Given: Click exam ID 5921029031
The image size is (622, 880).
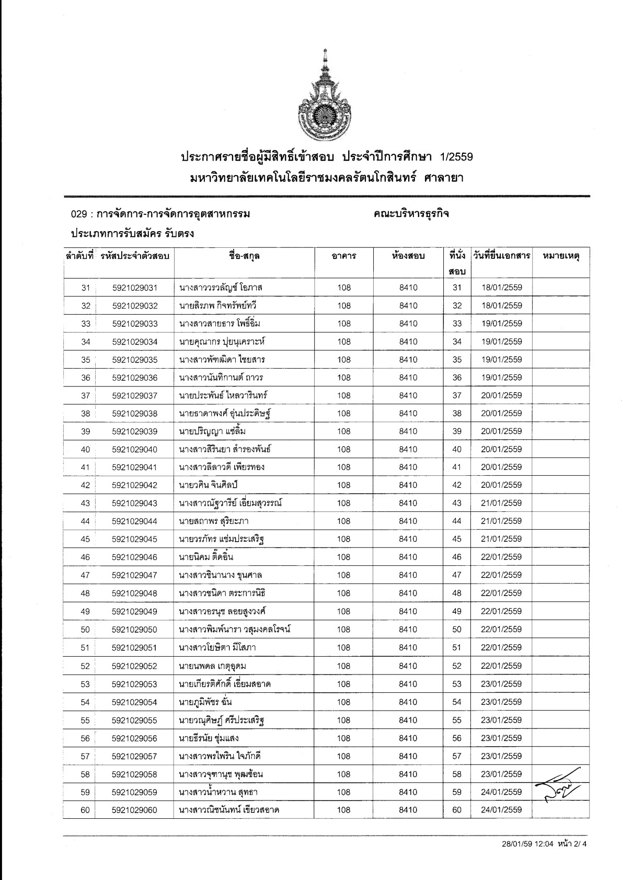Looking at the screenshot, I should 134,288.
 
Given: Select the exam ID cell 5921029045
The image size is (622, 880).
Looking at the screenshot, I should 134,539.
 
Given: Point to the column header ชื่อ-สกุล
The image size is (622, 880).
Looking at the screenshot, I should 244,256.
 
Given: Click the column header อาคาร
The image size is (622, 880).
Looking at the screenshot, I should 343,256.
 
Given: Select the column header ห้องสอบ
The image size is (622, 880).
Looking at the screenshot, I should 408,256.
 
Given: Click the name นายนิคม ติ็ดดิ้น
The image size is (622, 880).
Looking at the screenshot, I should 206,557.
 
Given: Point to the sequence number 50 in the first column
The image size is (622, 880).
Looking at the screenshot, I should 85,630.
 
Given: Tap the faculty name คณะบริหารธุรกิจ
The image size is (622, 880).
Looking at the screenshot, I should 411,214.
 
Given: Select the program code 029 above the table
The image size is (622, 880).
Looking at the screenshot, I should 77,214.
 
